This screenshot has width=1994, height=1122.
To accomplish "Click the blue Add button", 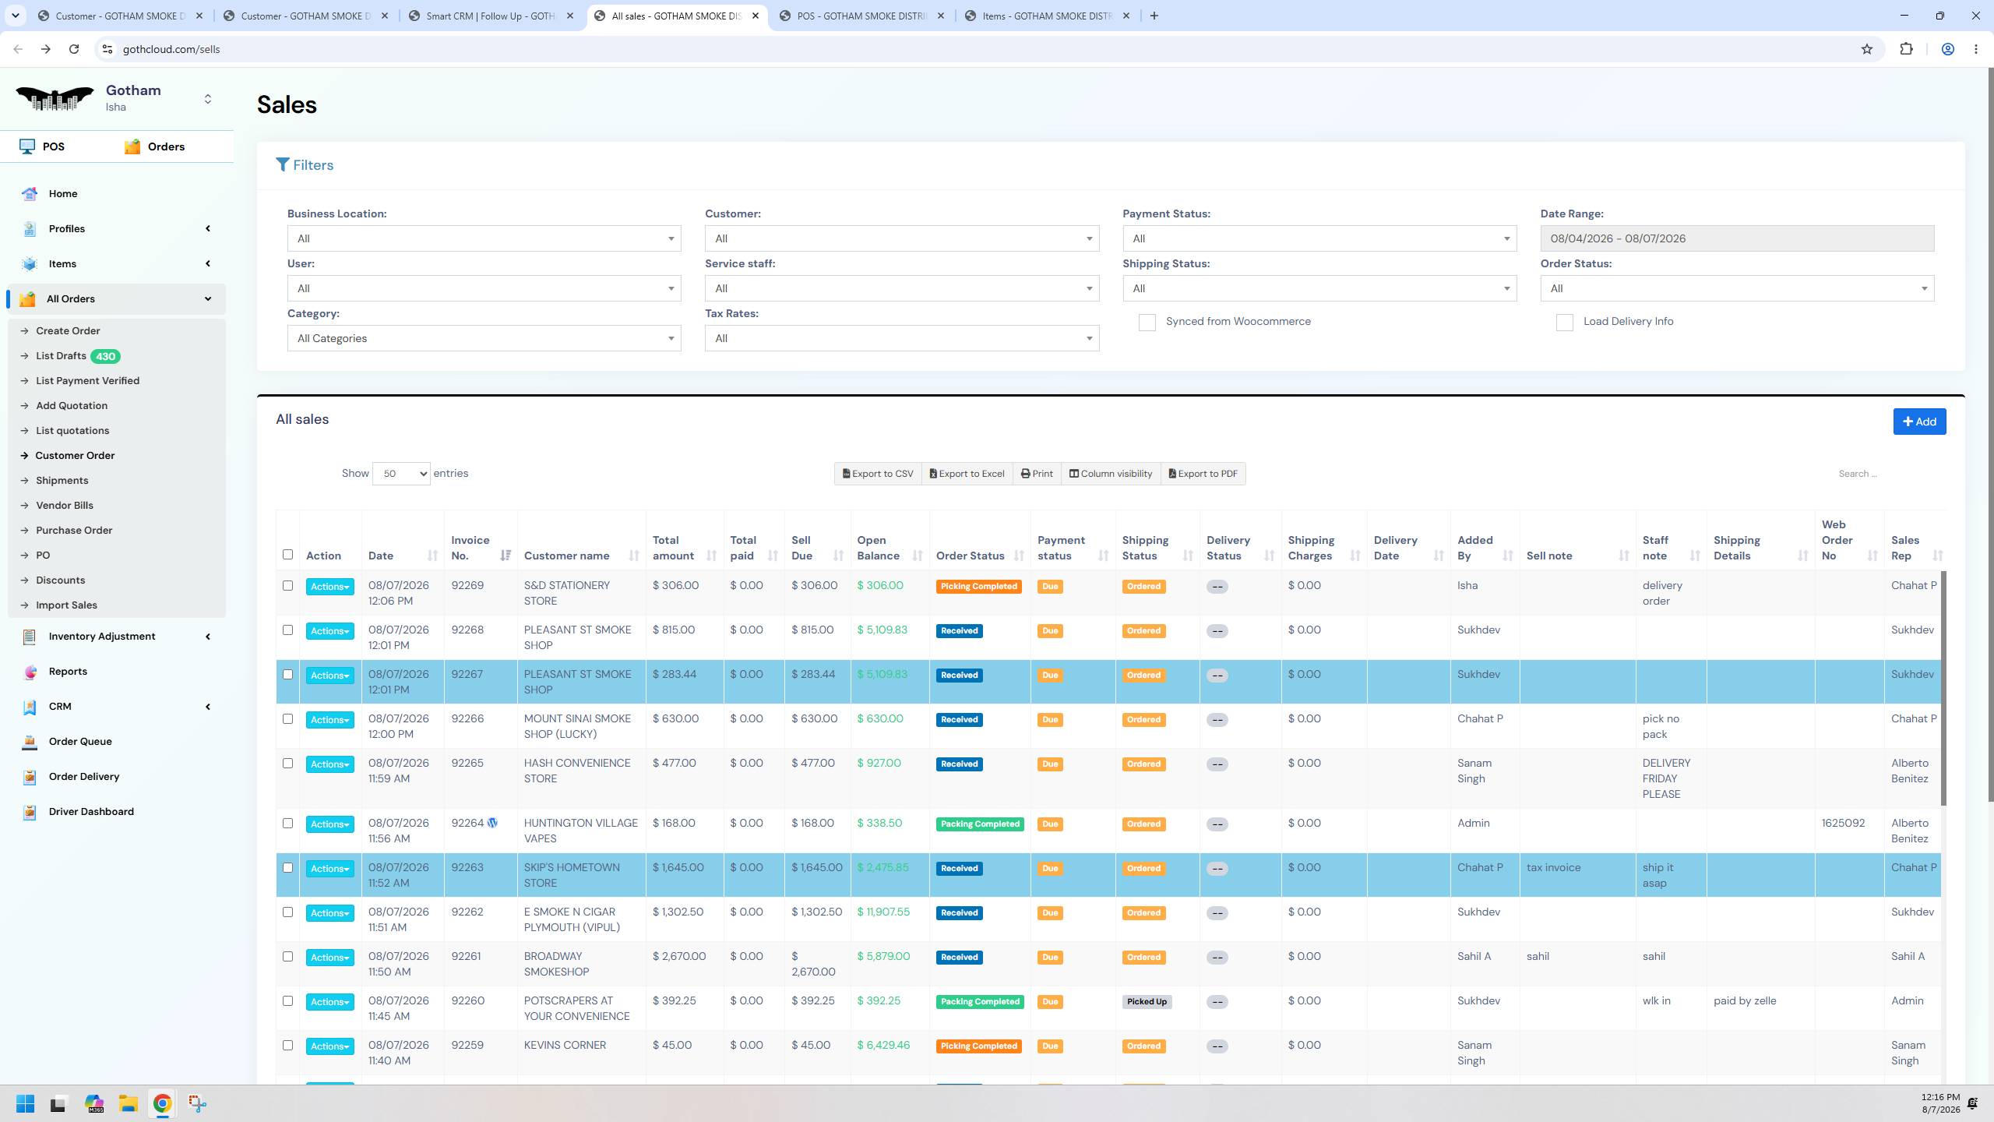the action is pos(1919,422).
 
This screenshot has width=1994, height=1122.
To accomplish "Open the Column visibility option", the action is pos(1111,474).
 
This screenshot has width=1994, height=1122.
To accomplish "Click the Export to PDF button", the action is pos(1203,474).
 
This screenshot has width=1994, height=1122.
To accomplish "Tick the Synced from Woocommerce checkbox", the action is pos(1147,323).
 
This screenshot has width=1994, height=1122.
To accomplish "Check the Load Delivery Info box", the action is pos(1564,323).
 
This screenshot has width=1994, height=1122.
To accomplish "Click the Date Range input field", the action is pos(1737,238).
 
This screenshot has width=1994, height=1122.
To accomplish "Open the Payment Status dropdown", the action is pos(1319,238).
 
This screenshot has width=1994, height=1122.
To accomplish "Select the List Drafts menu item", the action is pos(61,356).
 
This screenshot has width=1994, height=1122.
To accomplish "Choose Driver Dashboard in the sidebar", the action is pos(91,811).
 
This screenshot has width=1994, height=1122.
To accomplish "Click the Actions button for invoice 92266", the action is pos(329,720).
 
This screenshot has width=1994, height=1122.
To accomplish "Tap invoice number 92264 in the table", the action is pos(467,823).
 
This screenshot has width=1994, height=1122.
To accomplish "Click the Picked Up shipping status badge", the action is pos(1147,1002).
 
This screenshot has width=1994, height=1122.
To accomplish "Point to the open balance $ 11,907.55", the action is pos(883,912).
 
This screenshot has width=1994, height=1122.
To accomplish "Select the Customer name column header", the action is pos(566,556).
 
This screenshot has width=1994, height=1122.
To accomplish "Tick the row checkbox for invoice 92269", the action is pos(287,586).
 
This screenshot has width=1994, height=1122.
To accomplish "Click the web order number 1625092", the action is pos(1843,823).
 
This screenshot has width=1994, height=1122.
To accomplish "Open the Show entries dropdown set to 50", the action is pos(401,474).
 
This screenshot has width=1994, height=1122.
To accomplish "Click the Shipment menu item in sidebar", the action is pos(62,481).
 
